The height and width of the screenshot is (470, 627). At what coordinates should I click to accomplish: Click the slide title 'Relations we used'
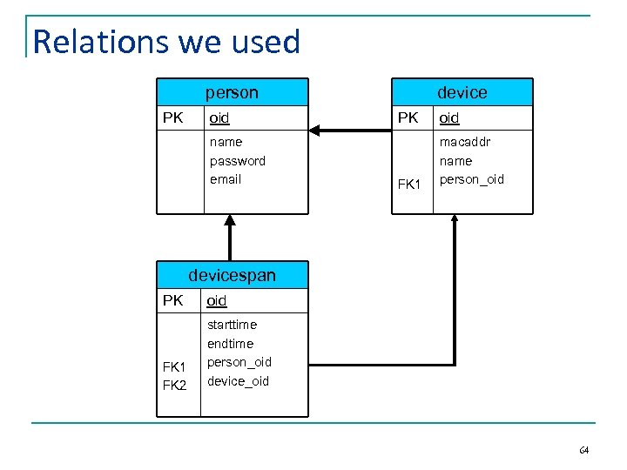click(166, 42)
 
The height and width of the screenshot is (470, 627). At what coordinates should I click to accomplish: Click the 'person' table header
click(232, 92)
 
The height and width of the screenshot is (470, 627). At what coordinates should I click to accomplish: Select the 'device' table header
click(462, 92)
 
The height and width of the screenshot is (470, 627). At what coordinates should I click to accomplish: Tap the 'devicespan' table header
click(232, 275)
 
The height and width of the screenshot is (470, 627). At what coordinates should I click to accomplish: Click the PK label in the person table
click(173, 117)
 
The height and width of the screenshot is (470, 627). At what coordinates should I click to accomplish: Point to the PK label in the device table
click(408, 117)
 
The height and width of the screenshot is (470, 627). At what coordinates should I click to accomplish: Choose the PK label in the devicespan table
click(173, 300)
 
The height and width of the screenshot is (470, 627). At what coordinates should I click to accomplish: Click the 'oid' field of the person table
click(219, 117)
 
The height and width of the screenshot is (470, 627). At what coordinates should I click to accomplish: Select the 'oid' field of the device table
click(449, 117)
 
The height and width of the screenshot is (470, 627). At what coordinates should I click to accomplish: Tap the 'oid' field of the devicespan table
click(217, 300)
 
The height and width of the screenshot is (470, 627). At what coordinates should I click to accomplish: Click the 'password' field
click(238, 160)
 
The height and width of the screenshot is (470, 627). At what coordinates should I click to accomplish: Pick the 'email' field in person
click(226, 179)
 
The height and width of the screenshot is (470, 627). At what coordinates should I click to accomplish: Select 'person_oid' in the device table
click(472, 179)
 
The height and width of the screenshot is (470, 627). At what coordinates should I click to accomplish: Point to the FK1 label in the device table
click(409, 185)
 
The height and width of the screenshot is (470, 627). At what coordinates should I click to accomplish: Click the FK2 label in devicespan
click(174, 385)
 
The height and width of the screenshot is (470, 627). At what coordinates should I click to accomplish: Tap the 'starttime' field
click(233, 325)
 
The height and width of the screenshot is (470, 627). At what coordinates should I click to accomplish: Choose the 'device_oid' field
click(239, 381)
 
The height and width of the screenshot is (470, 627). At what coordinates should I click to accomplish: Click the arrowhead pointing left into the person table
click(315, 131)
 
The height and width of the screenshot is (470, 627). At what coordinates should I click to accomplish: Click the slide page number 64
click(583, 450)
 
